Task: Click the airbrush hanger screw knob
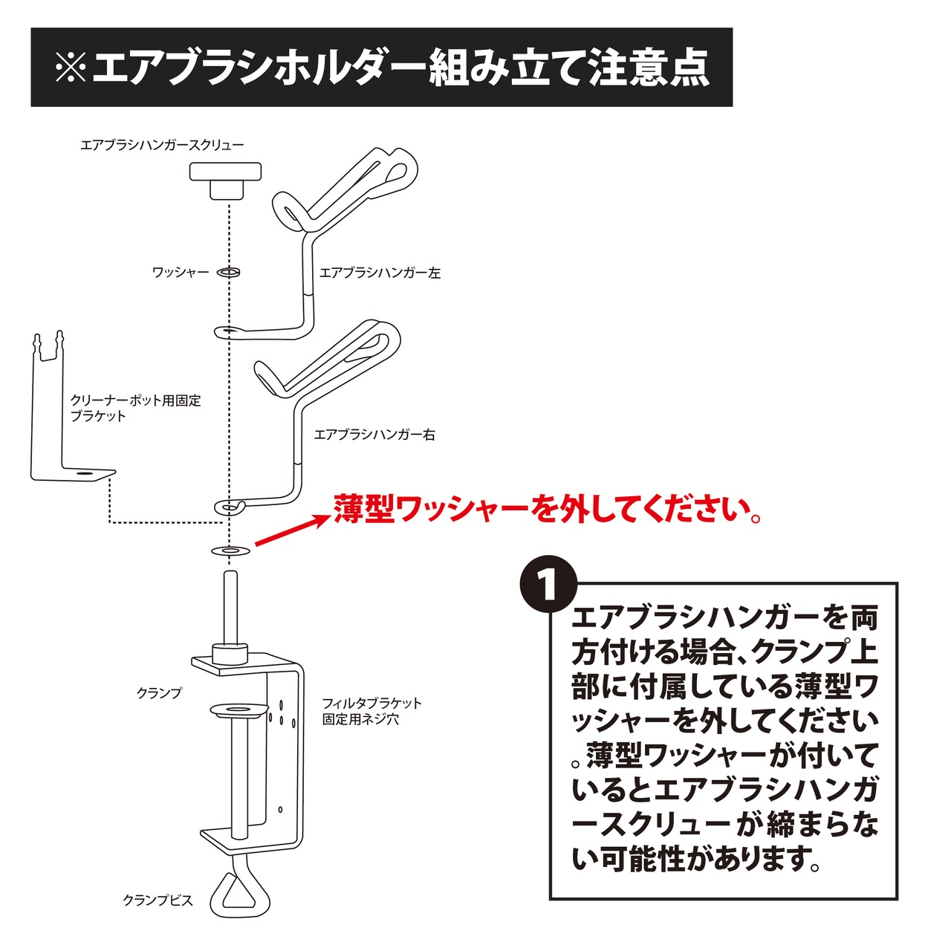tap(225, 181)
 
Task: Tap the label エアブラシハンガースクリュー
tap(162, 145)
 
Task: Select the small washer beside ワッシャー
tap(228, 272)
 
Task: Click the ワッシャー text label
tap(181, 272)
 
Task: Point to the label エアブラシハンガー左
tap(380, 273)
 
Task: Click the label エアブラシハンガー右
tap(374, 435)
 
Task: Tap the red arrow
tap(292, 531)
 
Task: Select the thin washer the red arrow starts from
tap(230, 551)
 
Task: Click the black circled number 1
tap(548, 587)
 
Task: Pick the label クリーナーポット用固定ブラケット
tap(136, 408)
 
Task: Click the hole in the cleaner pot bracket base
tap(82, 473)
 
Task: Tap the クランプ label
tap(159, 693)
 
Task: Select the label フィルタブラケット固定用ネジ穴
tap(372, 711)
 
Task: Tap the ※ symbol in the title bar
tap(71, 67)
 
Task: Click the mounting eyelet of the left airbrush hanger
tap(228, 331)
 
